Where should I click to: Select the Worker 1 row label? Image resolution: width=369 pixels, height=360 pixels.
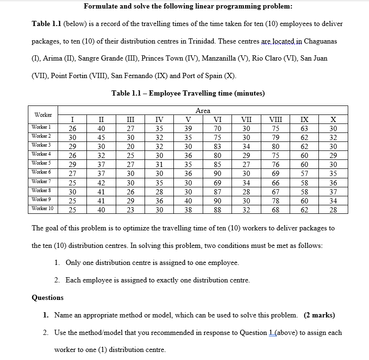[x=42, y=127]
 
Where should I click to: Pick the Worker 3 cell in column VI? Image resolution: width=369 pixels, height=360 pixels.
[x=218, y=146]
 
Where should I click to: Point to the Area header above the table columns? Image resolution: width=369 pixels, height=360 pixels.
[x=203, y=111]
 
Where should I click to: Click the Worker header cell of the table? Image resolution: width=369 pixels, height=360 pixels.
[x=43, y=115]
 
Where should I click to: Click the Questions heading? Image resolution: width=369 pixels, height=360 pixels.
[x=47, y=298]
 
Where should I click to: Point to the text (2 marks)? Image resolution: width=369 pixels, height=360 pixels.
[x=319, y=315]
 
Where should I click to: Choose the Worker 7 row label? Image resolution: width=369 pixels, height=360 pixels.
[x=42, y=182]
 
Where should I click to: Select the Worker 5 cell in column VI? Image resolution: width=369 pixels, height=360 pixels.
[x=218, y=164]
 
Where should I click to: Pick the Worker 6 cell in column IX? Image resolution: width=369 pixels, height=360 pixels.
[x=304, y=173]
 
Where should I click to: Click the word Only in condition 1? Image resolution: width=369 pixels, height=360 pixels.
[x=74, y=263]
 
